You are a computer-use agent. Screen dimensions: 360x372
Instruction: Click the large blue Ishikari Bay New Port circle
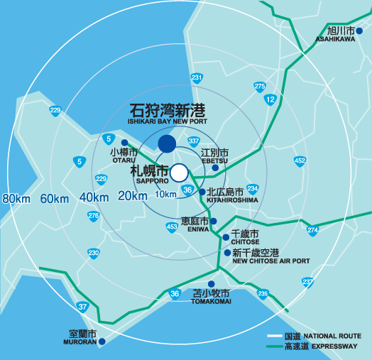coord(166,143)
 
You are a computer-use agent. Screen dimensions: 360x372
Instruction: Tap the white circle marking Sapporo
coord(179,172)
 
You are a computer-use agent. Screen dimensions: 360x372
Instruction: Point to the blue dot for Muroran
coord(102,342)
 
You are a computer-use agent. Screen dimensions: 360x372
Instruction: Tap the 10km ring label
coord(165,195)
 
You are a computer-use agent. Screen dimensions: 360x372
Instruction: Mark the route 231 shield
coord(197,78)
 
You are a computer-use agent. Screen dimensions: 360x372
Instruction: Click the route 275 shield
coord(260,87)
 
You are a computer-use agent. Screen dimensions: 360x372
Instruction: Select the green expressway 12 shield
coord(270,100)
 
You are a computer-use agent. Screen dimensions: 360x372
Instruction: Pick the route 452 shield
coord(300,161)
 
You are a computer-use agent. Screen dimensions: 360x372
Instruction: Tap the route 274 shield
coord(313,230)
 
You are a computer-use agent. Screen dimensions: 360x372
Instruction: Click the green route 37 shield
coord(83,307)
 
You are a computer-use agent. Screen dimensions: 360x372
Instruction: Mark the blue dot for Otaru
coord(124,143)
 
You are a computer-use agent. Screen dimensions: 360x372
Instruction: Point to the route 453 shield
coord(172,227)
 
